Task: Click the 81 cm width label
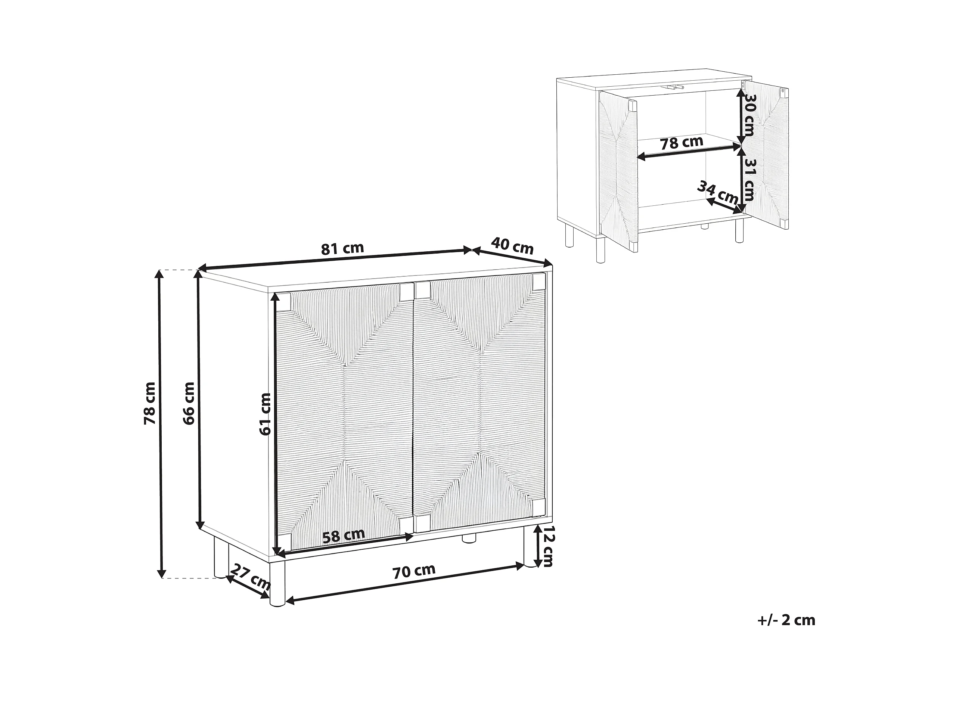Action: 342,248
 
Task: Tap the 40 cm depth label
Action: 512,246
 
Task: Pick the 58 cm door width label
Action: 344,536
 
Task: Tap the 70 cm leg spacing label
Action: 414,571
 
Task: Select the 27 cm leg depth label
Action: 250,577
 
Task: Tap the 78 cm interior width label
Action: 682,143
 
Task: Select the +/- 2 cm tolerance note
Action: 786,621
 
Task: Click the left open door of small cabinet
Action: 618,167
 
